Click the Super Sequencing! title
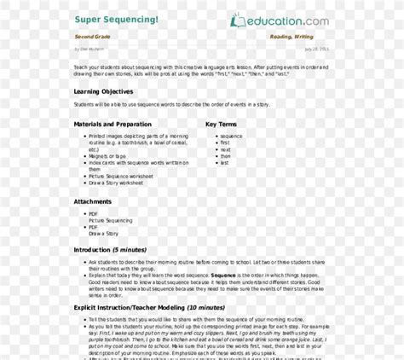(x=116, y=19)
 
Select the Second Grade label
(x=95, y=38)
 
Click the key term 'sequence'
(x=231, y=136)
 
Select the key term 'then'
(x=225, y=156)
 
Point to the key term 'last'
(x=224, y=163)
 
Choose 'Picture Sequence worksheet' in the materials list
(x=120, y=176)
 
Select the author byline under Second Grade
(x=87, y=49)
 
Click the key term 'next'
(x=225, y=149)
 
